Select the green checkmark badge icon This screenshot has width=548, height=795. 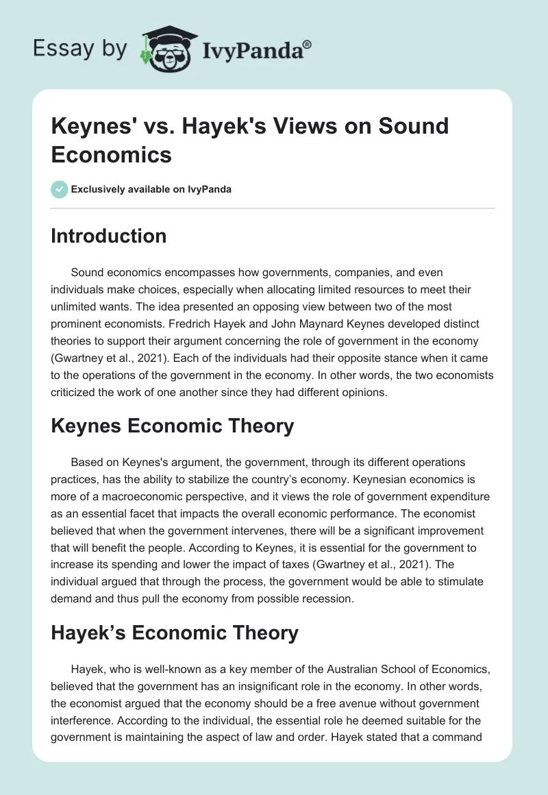tap(59, 189)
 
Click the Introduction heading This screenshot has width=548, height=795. tap(109, 236)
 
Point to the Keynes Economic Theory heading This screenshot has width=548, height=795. tap(173, 426)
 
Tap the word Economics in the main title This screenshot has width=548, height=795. tap(111, 154)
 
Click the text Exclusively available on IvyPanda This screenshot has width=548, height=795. tap(151, 189)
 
